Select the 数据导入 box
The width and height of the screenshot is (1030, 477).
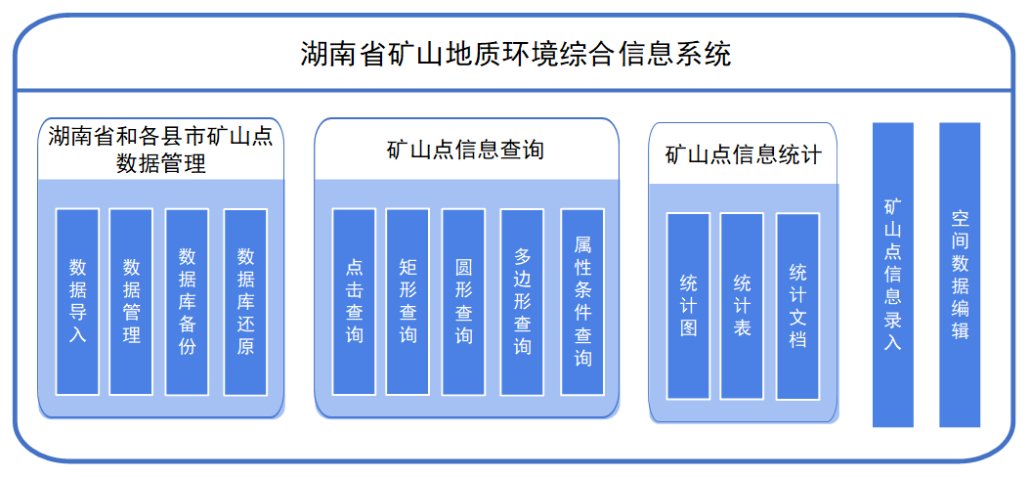click(77, 300)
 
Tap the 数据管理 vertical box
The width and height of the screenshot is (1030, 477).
click(131, 300)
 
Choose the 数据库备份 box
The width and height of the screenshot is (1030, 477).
click(187, 300)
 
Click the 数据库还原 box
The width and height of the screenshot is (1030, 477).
click(245, 300)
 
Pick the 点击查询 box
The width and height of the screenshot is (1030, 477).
click(354, 300)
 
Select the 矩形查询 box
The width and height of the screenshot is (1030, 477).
click(408, 300)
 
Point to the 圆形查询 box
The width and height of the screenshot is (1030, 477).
click(463, 300)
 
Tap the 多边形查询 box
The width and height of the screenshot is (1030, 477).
click(522, 300)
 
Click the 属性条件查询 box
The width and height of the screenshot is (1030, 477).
click(582, 300)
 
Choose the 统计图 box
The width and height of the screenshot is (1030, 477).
click(688, 305)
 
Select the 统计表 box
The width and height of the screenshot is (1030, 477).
click(742, 305)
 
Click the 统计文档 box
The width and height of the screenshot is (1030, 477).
click(797, 305)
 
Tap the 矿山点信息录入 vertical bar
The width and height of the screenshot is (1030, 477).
click(892, 275)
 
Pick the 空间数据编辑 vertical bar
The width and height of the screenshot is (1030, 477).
click(960, 275)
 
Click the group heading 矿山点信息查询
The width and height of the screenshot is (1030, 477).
click(465, 151)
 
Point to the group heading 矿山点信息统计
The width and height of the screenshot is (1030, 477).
click(743, 154)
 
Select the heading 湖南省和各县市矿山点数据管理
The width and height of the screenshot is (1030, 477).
click(160, 150)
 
